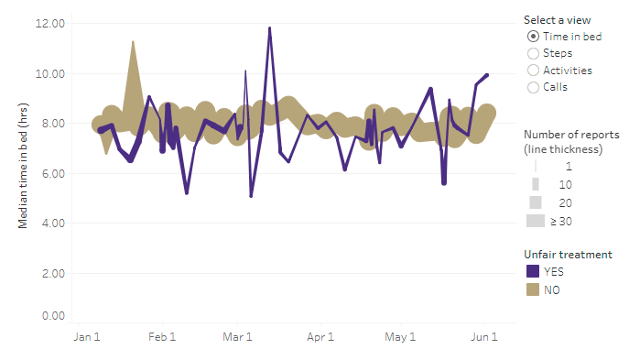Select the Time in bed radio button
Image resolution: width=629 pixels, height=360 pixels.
534,37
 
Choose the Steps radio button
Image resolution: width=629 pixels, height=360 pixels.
534,53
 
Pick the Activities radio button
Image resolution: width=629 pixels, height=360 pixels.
534,71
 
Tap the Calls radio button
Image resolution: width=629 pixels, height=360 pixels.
534,87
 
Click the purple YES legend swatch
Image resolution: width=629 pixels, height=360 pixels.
533,271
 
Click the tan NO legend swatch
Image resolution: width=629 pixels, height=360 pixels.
533,289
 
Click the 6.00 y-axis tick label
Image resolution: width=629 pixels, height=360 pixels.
51,174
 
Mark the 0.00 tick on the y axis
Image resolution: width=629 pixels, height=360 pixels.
51,316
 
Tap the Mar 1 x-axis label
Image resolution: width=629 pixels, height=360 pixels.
238,338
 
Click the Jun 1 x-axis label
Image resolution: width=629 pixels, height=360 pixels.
484,338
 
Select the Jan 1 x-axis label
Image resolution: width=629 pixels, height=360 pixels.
86,338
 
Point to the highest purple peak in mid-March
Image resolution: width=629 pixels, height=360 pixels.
269,27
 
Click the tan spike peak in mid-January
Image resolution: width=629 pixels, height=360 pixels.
133,41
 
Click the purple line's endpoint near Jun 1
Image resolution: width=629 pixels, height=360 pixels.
487,75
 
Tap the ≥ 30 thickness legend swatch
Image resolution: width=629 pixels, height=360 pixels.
535,221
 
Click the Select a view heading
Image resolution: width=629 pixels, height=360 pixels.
557,19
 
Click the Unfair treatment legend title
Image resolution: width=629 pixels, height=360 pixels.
568,254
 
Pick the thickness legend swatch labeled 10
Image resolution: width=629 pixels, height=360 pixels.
535,184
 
